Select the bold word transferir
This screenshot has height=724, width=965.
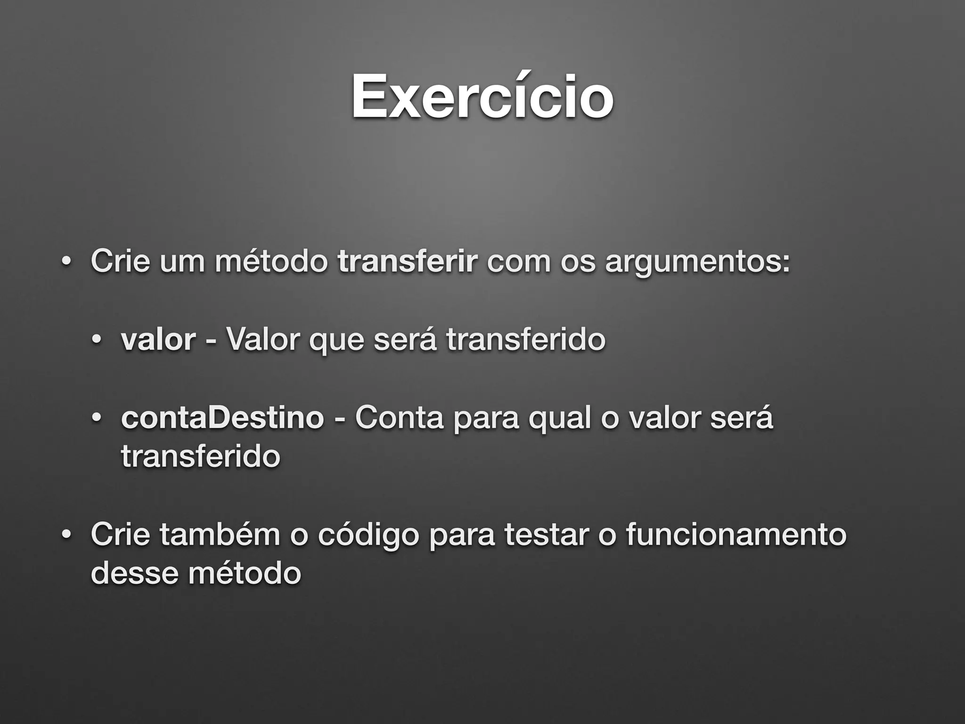point(408,261)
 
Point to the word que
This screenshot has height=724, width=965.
point(336,340)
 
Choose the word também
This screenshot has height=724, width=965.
point(220,535)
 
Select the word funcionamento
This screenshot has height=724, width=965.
point(736,535)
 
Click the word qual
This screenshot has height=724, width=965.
point(560,419)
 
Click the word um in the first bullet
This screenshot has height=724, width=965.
point(182,262)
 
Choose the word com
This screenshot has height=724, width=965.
point(519,262)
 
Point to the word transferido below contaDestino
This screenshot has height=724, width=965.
point(201,456)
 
